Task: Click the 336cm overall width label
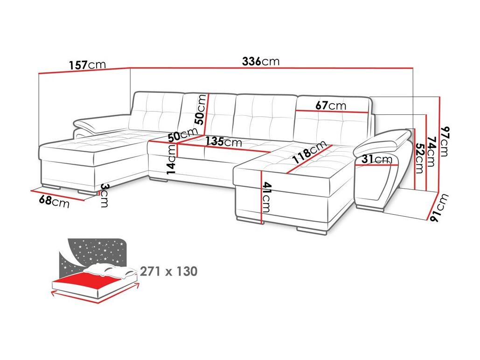[261, 61]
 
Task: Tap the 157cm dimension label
[87, 65]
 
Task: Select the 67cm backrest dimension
[331, 106]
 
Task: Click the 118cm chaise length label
[309, 152]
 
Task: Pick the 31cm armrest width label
[376, 159]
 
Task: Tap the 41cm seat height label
[266, 197]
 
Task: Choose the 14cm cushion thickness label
[172, 159]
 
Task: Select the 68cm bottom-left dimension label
[54, 202]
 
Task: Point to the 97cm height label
[445, 141]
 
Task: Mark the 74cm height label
[431, 151]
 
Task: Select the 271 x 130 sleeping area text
[169, 271]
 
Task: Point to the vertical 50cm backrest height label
[201, 109]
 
